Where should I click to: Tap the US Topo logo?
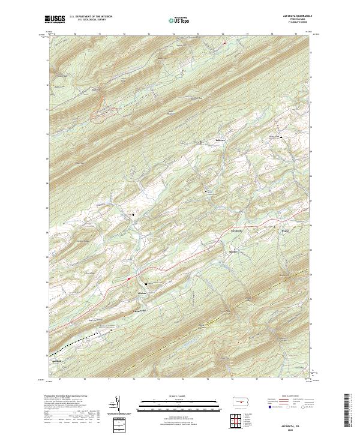179,20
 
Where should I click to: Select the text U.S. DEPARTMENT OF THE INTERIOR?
91,17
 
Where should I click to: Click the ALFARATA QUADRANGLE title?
295,16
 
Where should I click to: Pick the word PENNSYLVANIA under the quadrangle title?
295,19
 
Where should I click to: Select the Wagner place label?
286,228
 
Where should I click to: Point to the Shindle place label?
235,252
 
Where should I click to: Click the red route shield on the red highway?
128,278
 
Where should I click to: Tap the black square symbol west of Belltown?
200,142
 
